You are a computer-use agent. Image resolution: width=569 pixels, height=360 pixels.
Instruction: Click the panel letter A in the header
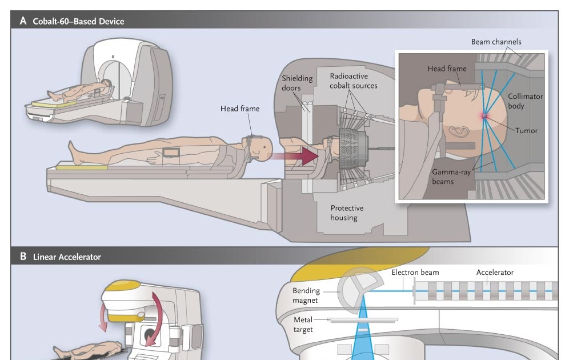[x=23, y=21]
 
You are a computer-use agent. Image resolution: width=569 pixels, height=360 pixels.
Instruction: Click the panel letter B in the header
[x=23, y=257]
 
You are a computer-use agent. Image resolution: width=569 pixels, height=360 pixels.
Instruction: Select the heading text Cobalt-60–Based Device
[x=78, y=22]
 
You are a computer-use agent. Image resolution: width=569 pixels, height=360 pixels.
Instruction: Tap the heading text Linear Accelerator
[x=67, y=257]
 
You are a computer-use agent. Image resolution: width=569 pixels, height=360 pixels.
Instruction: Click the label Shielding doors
[x=298, y=83]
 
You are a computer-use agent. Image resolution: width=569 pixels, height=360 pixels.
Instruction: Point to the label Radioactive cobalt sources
[x=354, y=81]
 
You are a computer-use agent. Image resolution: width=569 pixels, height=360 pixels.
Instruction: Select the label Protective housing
[x=347, y=213]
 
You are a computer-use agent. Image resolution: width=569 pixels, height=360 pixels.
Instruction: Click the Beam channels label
[x=495, y=42]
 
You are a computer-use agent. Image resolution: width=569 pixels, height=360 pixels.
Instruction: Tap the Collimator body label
[x=525, y=101]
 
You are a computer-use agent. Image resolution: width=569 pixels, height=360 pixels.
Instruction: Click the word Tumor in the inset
[x=526, y=130]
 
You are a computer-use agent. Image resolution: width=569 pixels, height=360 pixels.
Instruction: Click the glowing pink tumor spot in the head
[x=484, y=116]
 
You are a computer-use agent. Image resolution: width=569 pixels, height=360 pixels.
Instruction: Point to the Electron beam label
[x=415, y=273]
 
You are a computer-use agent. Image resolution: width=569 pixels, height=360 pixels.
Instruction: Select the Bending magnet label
[x=306, y=295]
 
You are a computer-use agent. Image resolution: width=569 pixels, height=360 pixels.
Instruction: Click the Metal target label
[x=303, y=325]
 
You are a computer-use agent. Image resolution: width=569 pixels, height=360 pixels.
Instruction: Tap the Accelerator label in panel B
[x=495, y=273]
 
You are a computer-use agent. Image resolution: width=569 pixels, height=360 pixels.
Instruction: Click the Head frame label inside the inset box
[x=447, y=69]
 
